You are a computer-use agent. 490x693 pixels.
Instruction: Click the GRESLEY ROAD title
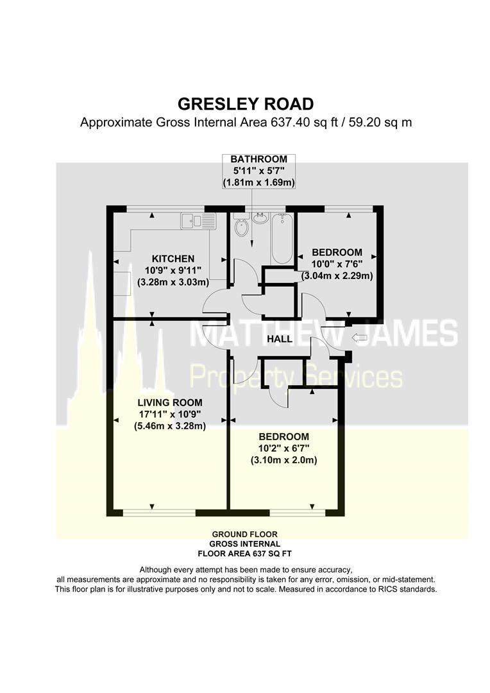[246, 104]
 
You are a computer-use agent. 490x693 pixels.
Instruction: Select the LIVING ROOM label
[169, 402]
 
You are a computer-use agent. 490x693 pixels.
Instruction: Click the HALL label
[280, 339]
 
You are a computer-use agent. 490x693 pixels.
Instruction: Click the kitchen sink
[192, 221]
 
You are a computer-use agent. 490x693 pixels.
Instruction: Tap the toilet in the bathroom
[242, 228]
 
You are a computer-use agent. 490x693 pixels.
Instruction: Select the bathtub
[282, 239]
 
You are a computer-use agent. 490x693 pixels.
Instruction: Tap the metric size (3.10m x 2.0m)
[283, 460]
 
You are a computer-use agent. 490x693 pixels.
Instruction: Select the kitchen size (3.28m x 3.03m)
[173, 282]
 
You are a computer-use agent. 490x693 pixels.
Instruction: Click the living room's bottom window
[159, 513]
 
